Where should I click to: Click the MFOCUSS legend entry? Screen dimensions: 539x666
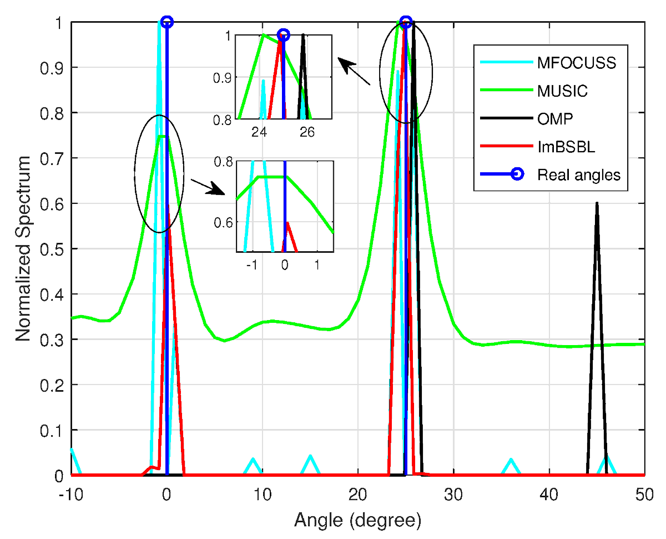(576, 63)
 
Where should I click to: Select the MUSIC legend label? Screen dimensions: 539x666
(562, 91)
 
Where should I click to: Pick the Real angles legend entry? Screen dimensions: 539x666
(578, 174)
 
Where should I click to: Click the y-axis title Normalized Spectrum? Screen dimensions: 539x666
(23, 248)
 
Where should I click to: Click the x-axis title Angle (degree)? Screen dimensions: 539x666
(357, 521)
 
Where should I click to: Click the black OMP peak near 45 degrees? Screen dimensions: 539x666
(597, 203)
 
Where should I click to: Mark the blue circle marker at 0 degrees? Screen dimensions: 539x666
(167, 22)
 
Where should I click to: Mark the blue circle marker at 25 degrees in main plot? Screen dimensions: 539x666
(406, 22)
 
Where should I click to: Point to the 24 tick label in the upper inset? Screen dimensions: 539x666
(259, 132)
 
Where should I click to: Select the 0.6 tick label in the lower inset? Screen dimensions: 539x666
(224, 222)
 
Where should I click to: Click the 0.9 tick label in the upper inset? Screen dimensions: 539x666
(221, 77)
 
